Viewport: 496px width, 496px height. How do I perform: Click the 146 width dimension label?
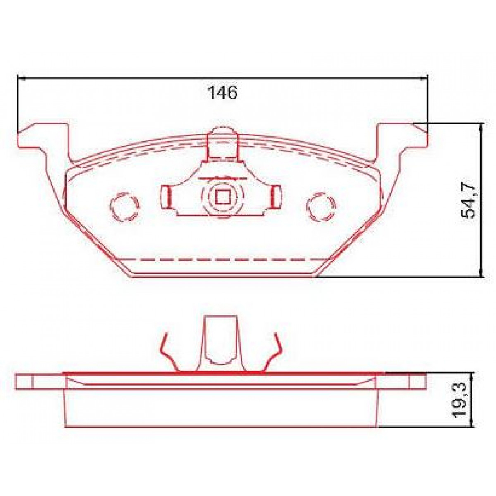[x=222, y=93]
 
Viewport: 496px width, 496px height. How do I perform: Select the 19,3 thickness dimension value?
[x=460, y=400]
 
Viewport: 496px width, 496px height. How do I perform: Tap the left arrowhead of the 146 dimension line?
[x=21, y=77]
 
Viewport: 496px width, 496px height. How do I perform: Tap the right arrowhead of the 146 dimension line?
[x=424, y=77]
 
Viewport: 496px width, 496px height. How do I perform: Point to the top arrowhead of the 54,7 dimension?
[x=480, y=126]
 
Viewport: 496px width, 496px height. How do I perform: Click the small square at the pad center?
[x=223, y=196]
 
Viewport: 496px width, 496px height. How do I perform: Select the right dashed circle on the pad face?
[x=321, y=205]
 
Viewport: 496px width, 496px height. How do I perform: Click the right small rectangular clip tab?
[x=276, y=196]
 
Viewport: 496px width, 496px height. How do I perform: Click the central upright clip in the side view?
[x=222, y=339]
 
